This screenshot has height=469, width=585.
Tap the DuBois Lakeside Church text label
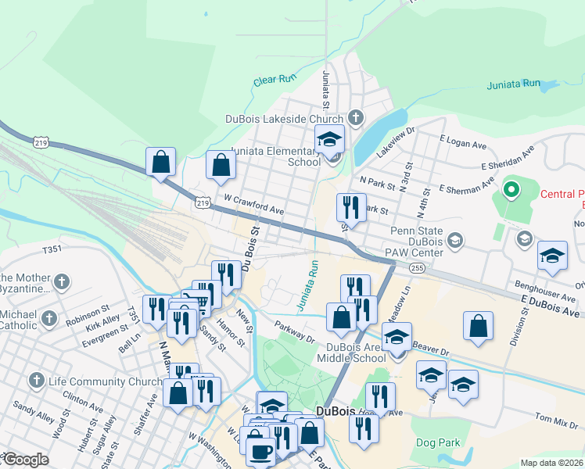(x=284, y=119)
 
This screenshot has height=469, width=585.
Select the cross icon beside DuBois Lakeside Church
(x=355, y=119)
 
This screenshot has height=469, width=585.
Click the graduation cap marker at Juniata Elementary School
(x=330, y=140)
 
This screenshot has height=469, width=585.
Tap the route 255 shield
(x=416, y=267)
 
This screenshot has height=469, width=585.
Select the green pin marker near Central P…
(x=511, y=189)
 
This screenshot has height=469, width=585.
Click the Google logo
(x=25, y=460)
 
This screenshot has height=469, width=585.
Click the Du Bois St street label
(x=250, y=247)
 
